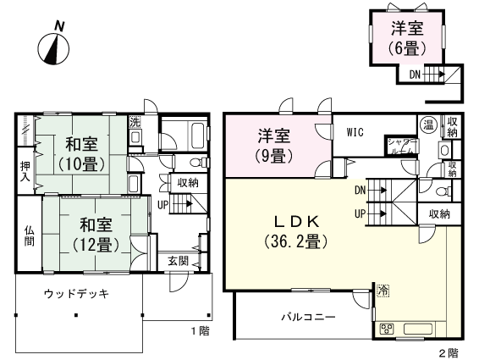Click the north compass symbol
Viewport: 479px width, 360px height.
(x=56, y=48)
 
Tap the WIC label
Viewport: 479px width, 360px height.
(x=355, y=132)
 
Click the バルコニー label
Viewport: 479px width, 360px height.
(x=308, y=317)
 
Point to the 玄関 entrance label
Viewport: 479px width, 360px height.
(x=177, y=261)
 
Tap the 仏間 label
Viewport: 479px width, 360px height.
(x=29, y=235)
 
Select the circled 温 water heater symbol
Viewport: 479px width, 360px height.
(x=427, y=125)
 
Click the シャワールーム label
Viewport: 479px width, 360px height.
(x=400, y=145)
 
